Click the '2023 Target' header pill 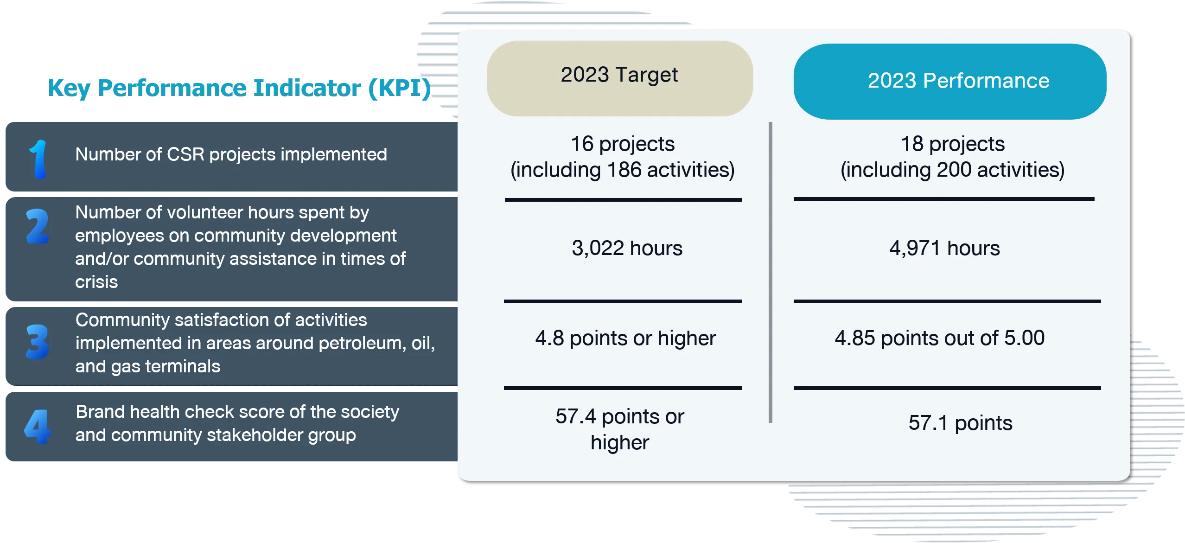[619, 78]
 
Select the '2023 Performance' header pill [950, 81]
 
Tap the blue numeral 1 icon [38, 159]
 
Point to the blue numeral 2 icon [38, 226]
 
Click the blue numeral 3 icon [38, 342]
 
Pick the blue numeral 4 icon [37, 427]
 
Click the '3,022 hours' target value [627, 248]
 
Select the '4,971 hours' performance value [944, 248]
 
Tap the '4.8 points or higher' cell [625, 339]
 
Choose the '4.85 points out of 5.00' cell [939, 338]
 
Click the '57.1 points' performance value [960, 423]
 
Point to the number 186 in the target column [624, 170]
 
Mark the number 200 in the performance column [954, 170]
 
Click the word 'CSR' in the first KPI [185, 154]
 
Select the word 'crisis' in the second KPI [96, 282]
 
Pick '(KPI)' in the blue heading [399, 89]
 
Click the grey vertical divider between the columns [771, 273]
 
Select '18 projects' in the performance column [952, 144]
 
